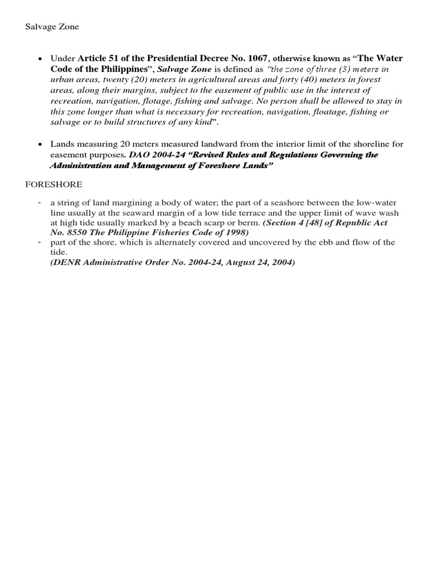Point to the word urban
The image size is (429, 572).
coord(61,80)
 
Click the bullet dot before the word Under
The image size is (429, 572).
coord(40,59)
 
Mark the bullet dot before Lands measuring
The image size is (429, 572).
coord(40,145)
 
